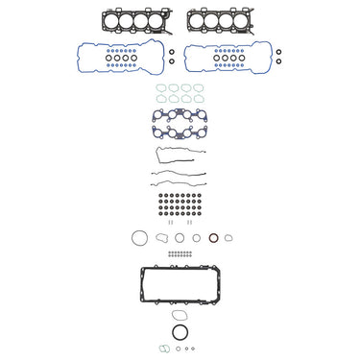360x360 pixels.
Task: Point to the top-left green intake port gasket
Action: click(160, 88)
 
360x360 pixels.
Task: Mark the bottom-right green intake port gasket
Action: click(198, 99)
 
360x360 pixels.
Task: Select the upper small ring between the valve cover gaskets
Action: click(170, 52)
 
